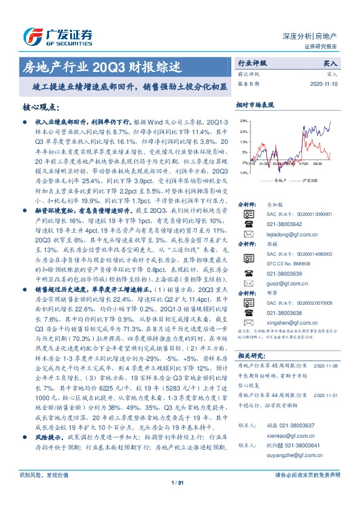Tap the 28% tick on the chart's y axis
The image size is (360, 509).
243,122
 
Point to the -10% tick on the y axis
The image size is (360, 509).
243,172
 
